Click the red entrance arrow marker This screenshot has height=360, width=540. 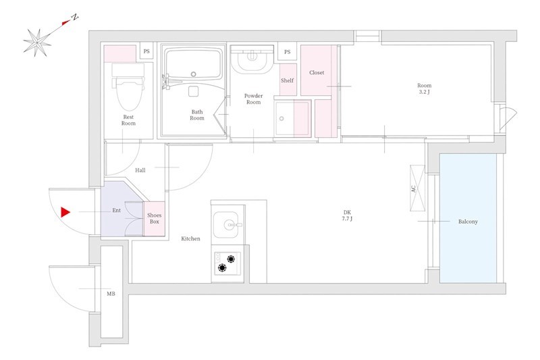point(65,212)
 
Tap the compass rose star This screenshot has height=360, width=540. point(37,43)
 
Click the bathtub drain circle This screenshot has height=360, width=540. point(194,74)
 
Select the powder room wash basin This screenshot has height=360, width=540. point(252,59)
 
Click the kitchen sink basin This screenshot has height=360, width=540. point(228,225)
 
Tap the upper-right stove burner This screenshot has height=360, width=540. point(231,259)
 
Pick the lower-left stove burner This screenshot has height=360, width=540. point(223,267)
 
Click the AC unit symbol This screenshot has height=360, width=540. point(417,188)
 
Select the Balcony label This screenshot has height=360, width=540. point(468,222)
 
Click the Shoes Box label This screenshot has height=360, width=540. point(155,218)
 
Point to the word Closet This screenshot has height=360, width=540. point(317,73)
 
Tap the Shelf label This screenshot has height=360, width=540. point(288,80)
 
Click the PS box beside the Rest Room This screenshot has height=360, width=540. point(146,52)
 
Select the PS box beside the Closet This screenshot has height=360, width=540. point(288,52)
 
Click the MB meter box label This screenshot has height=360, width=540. point(111,294)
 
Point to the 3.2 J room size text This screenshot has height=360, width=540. point(425,92)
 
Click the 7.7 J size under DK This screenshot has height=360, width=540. point(347,219)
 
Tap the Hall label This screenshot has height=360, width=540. point(140,170)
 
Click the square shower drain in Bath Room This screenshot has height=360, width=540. point(193,91)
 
